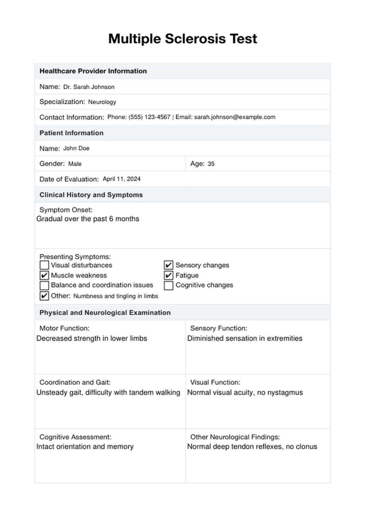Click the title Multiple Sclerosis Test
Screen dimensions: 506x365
pos(182,39)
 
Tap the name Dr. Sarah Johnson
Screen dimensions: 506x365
pos(89,87)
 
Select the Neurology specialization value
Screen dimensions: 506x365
pos(102,102)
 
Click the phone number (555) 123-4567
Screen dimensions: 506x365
pos(149,117)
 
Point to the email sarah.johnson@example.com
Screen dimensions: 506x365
pos(235,117)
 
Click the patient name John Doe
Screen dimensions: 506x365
pos(76,148)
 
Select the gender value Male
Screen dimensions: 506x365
pos(75,164)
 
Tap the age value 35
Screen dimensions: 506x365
pos(211,164)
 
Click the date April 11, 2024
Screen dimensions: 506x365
pos(122,179)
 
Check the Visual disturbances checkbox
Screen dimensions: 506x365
pos(44,265)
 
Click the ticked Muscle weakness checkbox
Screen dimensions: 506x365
pos(44,275)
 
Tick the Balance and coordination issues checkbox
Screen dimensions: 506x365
pos(44,285)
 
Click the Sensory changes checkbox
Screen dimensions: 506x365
pos(168,265)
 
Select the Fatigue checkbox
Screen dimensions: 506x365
pos(168,275)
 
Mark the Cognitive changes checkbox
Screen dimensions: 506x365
pos(168,285)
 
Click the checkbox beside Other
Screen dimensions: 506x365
pos(44,296)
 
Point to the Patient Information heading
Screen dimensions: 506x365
pos(71,133)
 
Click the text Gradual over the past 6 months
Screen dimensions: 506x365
pos(88,219)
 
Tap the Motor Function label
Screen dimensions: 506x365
pos(64,328)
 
